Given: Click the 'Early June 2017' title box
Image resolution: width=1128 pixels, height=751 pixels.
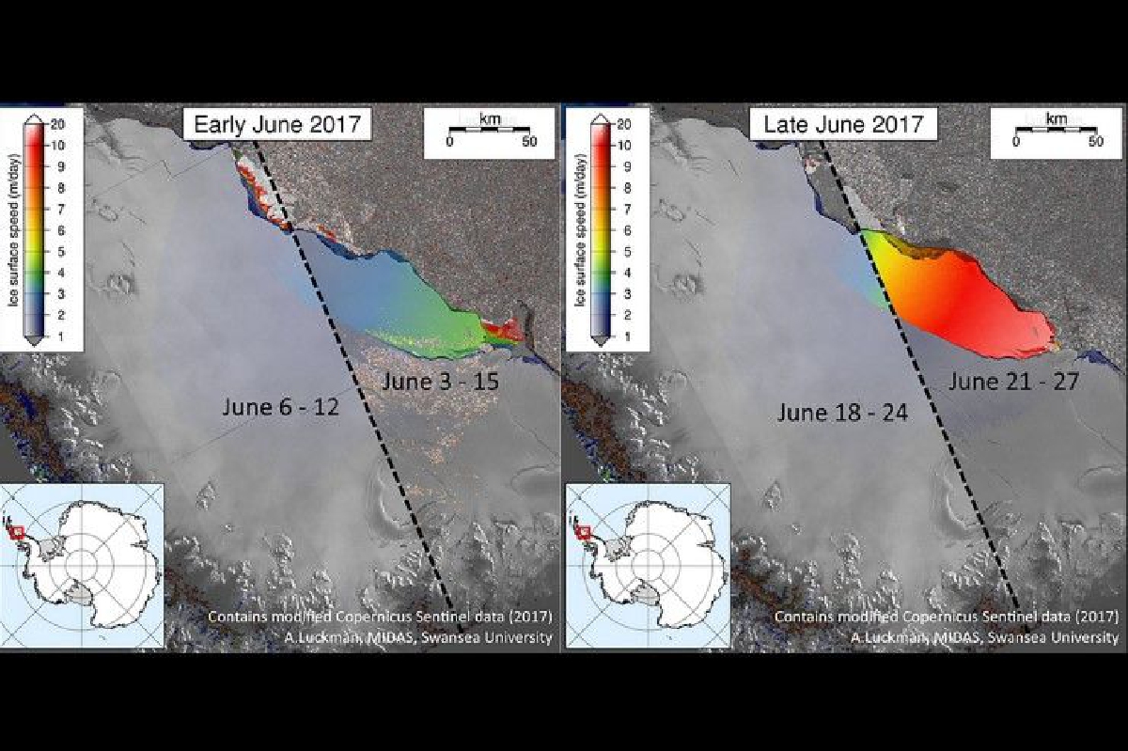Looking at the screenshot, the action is coord(277,124).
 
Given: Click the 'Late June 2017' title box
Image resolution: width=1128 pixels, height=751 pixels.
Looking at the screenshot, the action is coord(843,124).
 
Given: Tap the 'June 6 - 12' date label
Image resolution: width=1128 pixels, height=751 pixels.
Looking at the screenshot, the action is coord(280,407).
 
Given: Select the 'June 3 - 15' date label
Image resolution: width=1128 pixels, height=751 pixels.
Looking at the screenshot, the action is coord(441,382).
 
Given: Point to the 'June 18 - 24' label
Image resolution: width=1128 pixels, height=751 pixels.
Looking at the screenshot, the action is coord(842,413).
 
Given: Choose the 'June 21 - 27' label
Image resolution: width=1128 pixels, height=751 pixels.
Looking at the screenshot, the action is coord(1013,382).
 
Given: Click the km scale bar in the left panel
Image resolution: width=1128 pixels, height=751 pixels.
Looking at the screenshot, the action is coord(489,130).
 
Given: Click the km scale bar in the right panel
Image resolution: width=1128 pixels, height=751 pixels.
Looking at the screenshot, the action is coord(1056,130).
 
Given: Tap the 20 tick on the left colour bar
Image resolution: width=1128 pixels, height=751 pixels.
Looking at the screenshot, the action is coord(58,124).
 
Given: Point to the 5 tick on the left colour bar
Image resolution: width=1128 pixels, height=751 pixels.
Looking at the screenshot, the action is coord(61,251).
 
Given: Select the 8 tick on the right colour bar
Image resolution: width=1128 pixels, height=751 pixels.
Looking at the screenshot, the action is coord(628,188).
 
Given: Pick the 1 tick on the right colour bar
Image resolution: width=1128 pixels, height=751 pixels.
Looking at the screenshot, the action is coord(628,336).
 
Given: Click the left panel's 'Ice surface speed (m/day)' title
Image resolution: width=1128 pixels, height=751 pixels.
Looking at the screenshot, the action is coord(13,230).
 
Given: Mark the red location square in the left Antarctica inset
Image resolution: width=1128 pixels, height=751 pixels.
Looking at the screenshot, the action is coord(18,532).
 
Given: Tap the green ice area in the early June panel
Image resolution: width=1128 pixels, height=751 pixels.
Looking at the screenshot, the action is coord(433,327).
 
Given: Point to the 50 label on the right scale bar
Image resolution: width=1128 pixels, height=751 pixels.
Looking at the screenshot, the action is coord(1096,141).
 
